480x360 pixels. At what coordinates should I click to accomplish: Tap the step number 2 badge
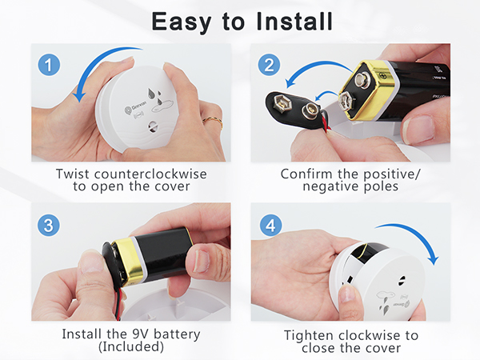click(269, 63)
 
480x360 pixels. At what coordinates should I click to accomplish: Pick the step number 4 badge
click(269, 225)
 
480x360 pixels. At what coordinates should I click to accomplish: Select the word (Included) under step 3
click(130, 347)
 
